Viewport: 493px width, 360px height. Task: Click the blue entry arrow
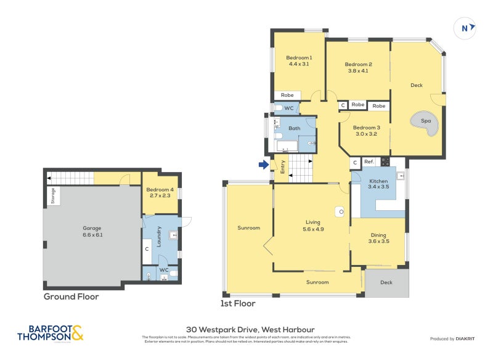pos(264,165)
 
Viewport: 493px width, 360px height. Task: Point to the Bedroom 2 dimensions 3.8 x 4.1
pos(358,71)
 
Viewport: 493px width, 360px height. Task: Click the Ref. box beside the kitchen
pos(369,162)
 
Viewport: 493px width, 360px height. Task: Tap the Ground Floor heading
pos(71,297)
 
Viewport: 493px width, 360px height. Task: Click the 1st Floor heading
pos(237,303)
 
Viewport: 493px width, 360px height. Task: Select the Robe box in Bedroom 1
pos(287,96)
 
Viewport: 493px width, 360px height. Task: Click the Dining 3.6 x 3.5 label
pos(378,238)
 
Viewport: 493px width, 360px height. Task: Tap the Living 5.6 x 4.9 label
pos(314,225)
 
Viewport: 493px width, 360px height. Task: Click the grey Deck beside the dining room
pos(386,283)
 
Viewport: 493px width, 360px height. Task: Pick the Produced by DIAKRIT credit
pos(455,339)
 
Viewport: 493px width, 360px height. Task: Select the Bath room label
pos(295,128)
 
